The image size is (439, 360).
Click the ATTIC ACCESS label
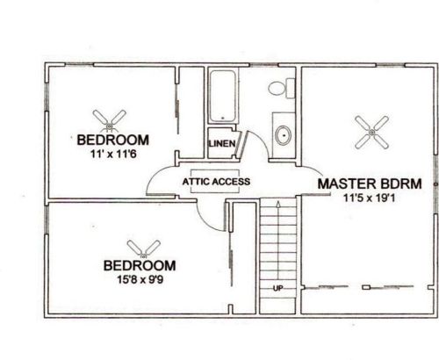tap(216, 182)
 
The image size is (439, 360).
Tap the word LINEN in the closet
tap(222, 144)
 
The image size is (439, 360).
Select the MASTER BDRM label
tap(370, 184)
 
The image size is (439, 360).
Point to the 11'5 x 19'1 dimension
tap(370, 198)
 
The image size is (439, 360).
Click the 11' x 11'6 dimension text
tap(113, 154)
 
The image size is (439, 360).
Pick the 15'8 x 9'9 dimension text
tap(140, 280)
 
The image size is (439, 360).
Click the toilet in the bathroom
tap(281, 88)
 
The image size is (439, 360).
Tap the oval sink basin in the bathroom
tap(283, 135)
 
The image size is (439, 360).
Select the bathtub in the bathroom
tap(223, 96)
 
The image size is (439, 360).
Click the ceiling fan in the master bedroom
tap(371, 132)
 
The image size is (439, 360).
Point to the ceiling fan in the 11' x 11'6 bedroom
tap(109, 121)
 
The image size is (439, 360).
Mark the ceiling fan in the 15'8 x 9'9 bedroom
tap(143, 249)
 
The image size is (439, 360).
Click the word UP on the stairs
tap(278, 288)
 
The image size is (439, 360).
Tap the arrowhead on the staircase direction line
tap(278, 204)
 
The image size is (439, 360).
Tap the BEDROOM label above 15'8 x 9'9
tap(140, 266)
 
